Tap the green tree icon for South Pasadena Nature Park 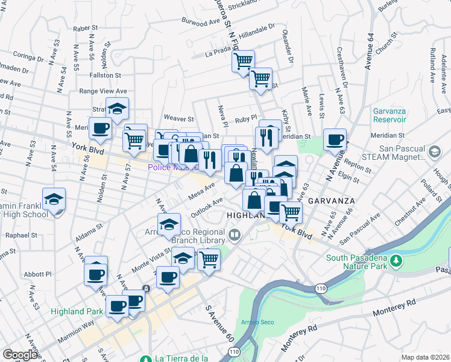396,261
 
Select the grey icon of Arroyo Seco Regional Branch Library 234,233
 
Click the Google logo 20,355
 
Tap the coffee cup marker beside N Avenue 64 335,141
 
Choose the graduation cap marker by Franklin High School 54,200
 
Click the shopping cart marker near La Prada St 243,62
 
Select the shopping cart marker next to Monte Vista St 209,259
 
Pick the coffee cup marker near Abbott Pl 96,275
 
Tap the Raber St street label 85,28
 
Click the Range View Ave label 104,91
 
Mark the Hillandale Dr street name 256,33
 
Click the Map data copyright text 425,357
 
